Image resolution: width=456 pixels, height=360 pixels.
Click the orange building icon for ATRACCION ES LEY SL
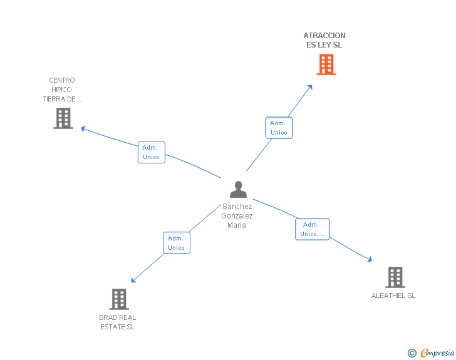point(326,64)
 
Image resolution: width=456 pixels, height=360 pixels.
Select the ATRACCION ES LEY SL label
point(324,40)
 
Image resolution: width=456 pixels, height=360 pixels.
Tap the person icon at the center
point(238,189)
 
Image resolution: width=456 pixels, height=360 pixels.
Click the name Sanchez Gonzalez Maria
point(237,216)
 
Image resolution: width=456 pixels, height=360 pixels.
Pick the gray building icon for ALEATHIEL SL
point(395,277)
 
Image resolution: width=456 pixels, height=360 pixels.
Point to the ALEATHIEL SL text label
point(393,296)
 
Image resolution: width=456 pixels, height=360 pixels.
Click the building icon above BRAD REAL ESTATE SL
point(119,299)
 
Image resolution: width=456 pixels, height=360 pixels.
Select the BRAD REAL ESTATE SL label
point(118,322)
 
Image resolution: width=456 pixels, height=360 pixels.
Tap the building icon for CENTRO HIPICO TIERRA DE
point(63,118)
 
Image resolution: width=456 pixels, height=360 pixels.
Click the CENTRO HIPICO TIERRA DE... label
point(62,90)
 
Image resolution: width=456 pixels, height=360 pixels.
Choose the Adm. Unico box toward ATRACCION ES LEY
point(279,128)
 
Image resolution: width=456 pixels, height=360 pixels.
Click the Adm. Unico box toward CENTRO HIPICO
point(151,152)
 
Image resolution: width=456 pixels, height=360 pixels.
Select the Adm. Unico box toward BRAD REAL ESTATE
point(176,243)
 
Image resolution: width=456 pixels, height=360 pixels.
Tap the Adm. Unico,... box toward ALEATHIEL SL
point(312,229)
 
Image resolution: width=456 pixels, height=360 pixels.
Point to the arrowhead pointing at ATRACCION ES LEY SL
point(310,86)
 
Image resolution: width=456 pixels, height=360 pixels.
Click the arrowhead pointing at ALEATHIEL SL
point(370,259)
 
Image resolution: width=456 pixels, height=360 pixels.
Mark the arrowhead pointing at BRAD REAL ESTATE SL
point(133,280)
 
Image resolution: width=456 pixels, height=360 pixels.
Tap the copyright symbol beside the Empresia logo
point(412,353)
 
